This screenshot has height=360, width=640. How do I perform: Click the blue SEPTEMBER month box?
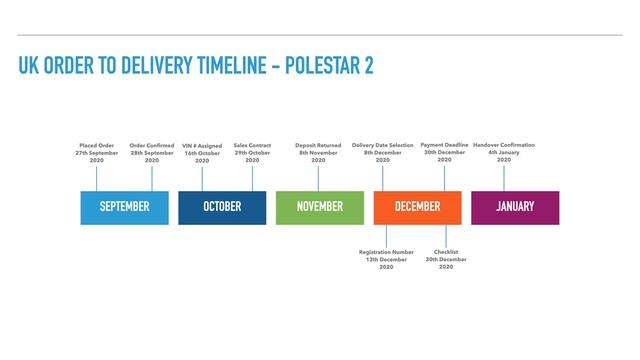[x=124, y=207]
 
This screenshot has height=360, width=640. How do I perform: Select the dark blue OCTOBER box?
[x=222, y=207]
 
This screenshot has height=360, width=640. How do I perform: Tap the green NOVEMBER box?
[x=319, y=207]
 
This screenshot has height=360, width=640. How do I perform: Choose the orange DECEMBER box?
[x=417, y=207]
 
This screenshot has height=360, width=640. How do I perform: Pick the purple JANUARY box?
[x=515, y=207]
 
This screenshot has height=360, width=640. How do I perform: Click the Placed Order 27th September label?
[x=97, y=153]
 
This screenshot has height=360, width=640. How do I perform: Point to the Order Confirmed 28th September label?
[x=152, y=153]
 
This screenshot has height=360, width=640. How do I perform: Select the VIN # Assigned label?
[x=202, y=153]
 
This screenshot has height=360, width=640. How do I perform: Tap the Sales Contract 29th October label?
[x=252, y=153]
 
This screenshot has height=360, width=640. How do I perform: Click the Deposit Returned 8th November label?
[x=318, y=153]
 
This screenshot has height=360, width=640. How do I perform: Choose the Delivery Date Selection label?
[x=383, y=153]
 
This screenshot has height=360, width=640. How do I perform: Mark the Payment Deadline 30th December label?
[x=444, y=153]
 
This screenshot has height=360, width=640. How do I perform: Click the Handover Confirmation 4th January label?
[x=504, y=153]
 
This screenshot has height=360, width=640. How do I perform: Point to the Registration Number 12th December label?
[x=386, y=260]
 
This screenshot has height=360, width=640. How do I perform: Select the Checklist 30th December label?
[x=446, y=260]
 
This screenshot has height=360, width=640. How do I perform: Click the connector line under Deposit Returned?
[x=318, y=178]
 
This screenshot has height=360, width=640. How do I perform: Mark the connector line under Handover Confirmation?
[x=504, y=178]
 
